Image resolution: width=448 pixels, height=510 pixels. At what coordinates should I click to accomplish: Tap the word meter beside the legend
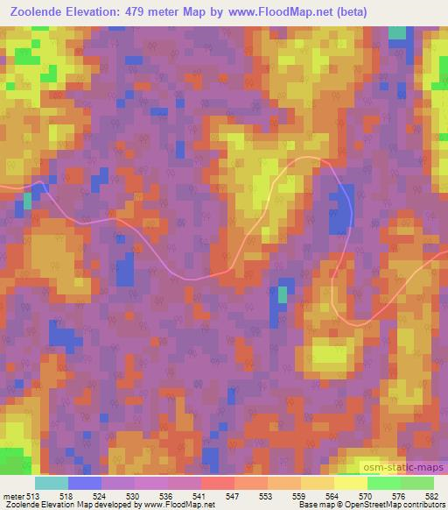coord(13,495)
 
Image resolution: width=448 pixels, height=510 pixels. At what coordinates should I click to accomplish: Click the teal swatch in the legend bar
coord(52,483)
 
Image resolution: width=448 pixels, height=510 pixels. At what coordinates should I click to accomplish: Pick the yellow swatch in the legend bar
coord(350,483)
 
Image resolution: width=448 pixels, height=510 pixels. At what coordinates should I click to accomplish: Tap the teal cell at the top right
coord(398,33)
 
